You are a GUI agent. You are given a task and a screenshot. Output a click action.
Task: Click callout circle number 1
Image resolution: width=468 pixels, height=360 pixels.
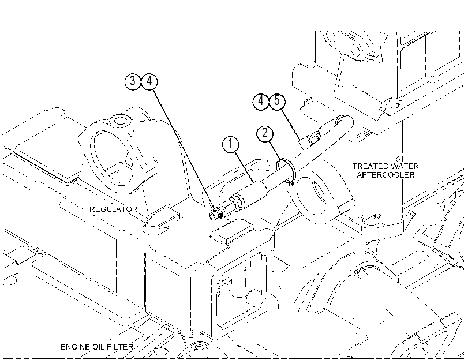(x=230, y=144)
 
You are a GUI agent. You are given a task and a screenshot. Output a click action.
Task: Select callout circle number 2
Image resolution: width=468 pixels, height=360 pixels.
(x=265, y=133)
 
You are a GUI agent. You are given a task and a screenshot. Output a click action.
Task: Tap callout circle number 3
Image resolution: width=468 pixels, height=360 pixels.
(x=133, y=81)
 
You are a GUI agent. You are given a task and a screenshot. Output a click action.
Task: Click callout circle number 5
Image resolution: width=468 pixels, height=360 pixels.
(x=277, y=101)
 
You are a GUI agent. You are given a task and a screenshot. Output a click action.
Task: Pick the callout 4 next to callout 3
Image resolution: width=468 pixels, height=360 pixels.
(x=149, y=81)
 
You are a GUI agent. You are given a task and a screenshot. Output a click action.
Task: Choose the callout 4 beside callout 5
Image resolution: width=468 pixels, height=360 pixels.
(x=261, y=101)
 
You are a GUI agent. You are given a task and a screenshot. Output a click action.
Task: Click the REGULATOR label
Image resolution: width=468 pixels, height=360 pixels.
(x=114, y=209)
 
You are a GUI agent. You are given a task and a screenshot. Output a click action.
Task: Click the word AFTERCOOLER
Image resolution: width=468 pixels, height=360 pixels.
(x=385, y=175)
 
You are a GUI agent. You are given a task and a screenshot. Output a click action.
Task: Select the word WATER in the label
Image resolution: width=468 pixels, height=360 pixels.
(x=404, y=166)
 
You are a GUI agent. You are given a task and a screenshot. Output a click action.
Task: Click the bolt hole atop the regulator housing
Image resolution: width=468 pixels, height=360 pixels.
(x=121, y=121)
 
